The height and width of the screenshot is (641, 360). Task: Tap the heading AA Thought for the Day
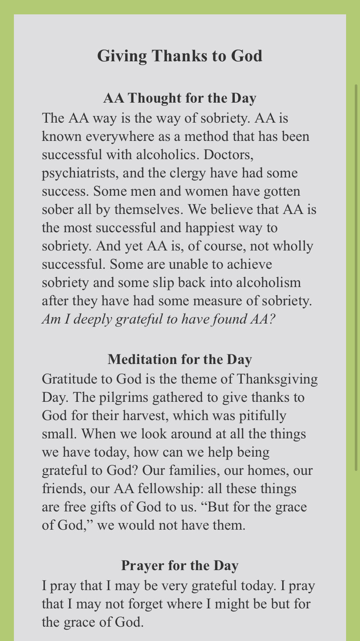(180, 98)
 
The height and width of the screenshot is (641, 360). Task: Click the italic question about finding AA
(159, 320)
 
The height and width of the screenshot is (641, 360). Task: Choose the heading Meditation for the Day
(180, 360)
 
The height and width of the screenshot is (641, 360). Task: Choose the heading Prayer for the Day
(180, 565)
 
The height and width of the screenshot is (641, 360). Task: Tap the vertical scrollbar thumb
(356, 278)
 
